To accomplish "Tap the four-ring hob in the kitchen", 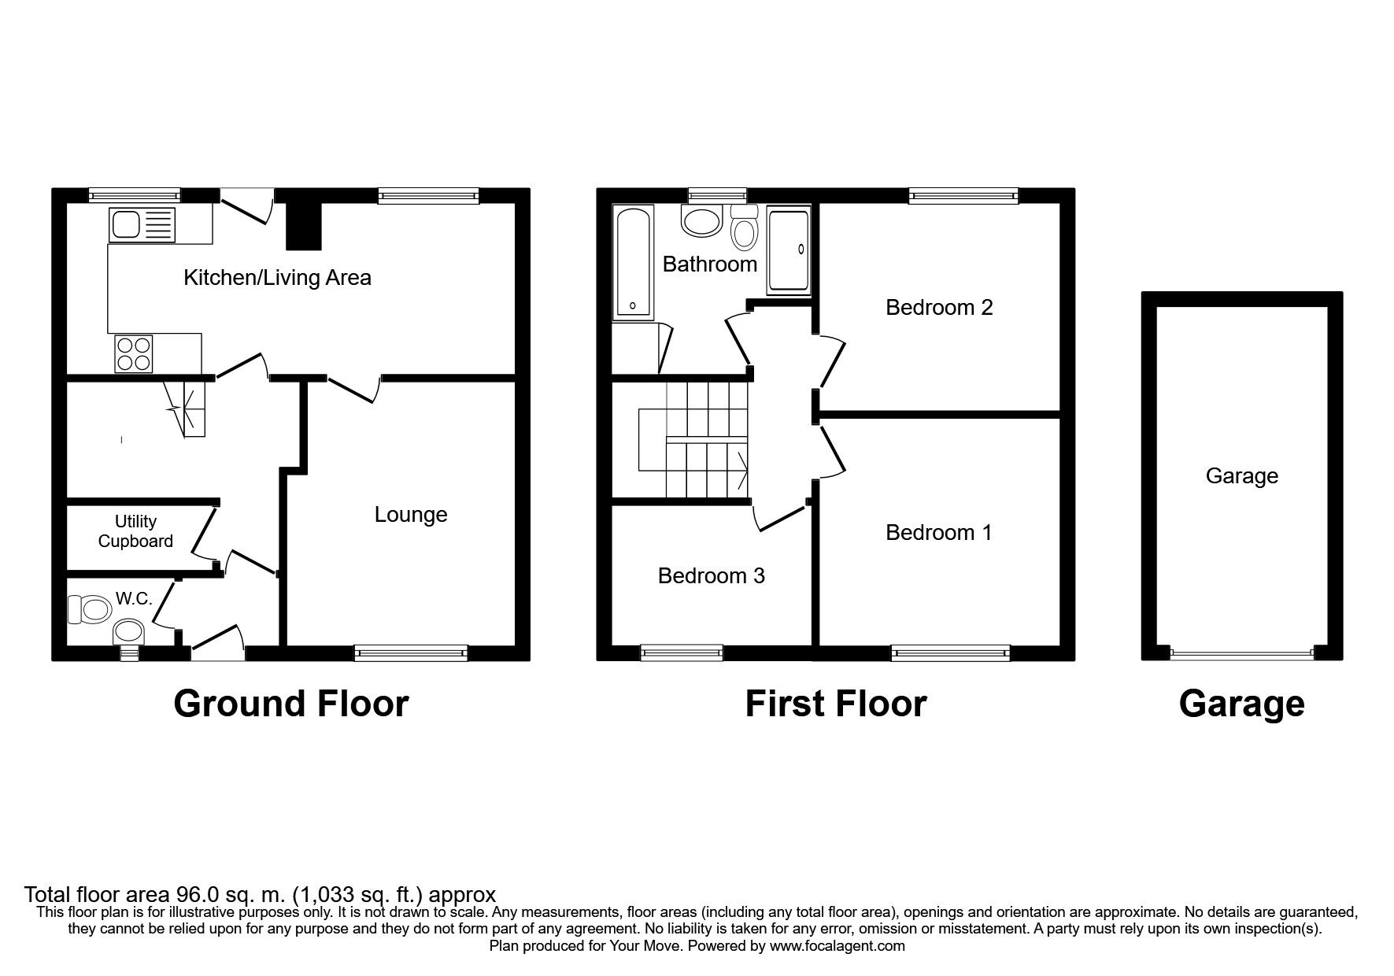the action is pyautogui.click(x=134, y=353).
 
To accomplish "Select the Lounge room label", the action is pyautogui.click(x=411, y=515).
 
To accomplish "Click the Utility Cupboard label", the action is pyautogui.click(x=135, y=531).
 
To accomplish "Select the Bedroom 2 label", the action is pyautogui.click(x=939, y=307).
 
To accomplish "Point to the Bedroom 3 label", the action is pyautogui.click(x=712, y=576).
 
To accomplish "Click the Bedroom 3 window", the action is pyautogui.click(x=682, y=652).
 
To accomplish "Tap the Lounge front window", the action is pyautogui.click(x=411, y=652).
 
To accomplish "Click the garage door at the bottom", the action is pyautogui.click(x=1242, y=653).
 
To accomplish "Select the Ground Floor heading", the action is pyautogui.click(x=291, y=703).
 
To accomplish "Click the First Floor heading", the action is pyautogui.click(x=836, y=703).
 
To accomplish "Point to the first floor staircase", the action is pyautogui.click(x=693, y=440).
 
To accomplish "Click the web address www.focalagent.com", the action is pyautogui.click(x=838, y=946).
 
